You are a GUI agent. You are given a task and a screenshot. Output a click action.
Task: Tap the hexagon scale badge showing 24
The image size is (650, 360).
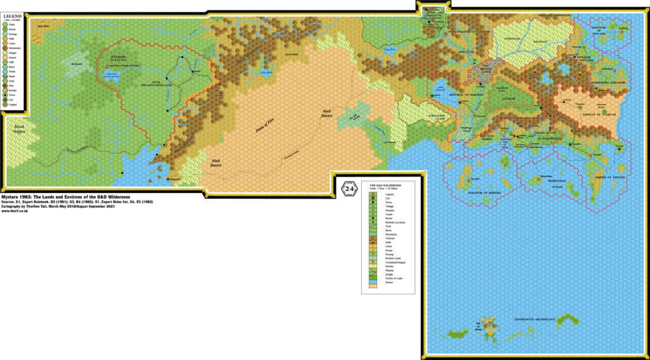[349, 189]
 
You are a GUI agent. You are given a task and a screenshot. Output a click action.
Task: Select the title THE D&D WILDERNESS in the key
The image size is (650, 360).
[387, 185]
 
